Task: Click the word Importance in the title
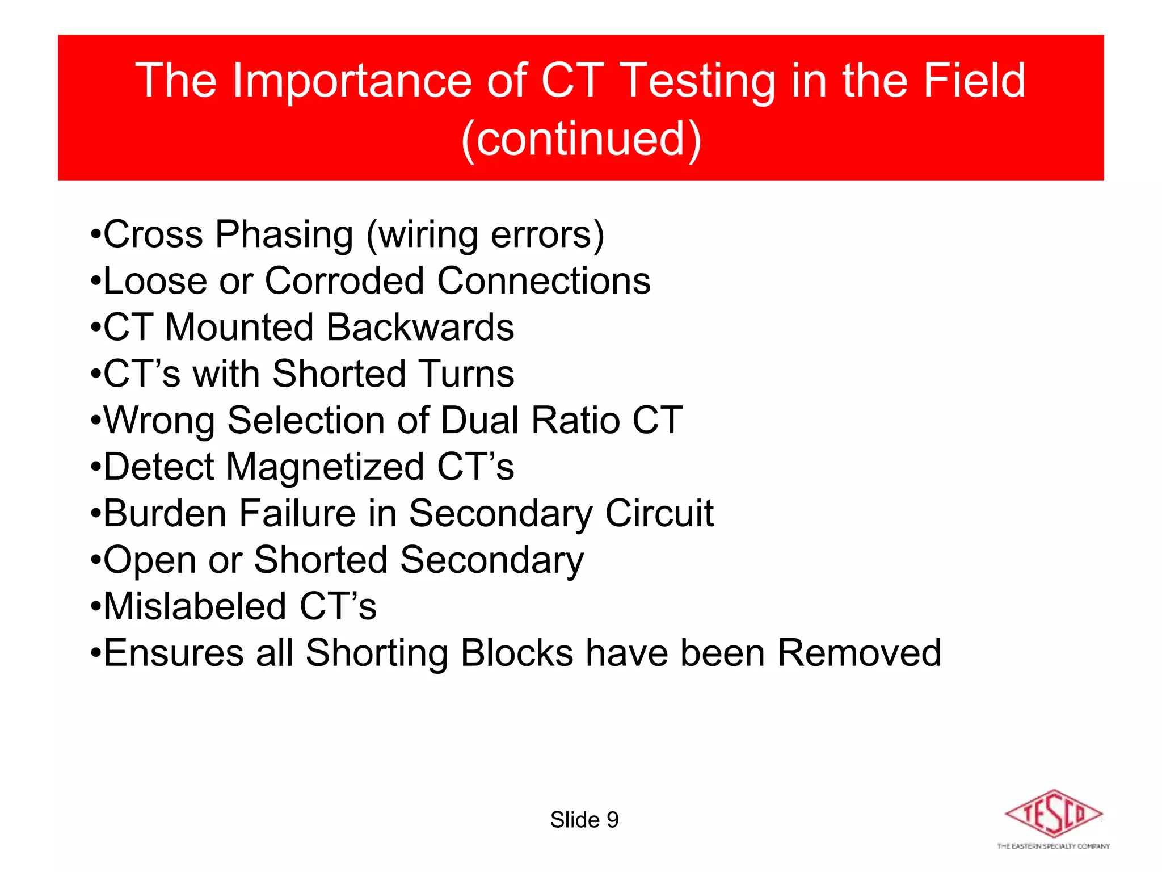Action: [352, 81]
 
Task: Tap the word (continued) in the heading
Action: [581, 139]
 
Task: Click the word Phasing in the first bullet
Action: [284, 235]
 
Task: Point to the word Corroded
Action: [344, 280]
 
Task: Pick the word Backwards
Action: [420, 327]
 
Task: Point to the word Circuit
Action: [659, 513]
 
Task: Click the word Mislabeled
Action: [195, 606]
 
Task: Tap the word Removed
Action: [859, 653]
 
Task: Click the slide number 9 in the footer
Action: [613, 820]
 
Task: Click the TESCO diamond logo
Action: [1054, 813]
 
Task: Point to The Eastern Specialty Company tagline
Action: [1053, 846]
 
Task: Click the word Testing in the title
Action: [698, 81]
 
